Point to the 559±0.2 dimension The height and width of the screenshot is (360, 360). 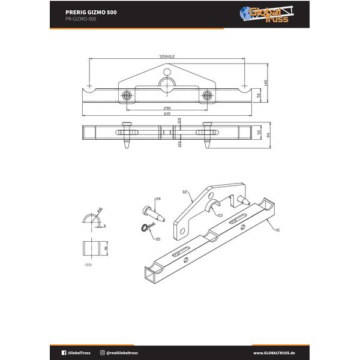pos(167,56)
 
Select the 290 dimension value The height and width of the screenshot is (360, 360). pos(166,108)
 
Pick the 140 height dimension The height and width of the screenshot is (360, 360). pos(265,82)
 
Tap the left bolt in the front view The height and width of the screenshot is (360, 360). pos(127,95)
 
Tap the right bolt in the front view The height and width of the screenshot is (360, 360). pos(208,95)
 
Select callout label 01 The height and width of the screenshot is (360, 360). pos(277,229)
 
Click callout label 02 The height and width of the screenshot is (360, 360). pos(185,193)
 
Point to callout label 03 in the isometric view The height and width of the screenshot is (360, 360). pos(220,215)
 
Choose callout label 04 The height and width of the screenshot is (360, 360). pos(158,199)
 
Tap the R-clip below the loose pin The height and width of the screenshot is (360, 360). pos(147,226)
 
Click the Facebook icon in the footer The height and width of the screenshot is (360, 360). pos(64,353)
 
